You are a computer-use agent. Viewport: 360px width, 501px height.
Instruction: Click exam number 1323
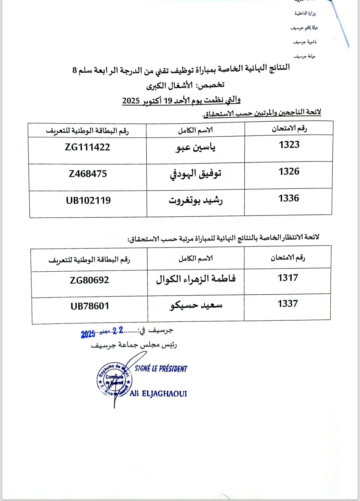coord(289,145)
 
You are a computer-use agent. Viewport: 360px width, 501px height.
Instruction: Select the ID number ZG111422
coord(87,147)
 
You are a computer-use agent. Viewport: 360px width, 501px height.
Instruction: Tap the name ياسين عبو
coord(196,147)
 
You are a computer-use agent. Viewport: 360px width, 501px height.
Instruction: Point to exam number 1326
coord(289,171)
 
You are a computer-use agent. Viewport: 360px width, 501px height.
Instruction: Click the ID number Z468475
coord(88,174)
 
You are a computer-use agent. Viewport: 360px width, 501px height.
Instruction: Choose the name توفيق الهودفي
coord(196,174)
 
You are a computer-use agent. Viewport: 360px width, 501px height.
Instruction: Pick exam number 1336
coord(289,198)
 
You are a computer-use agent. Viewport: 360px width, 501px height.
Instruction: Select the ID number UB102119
coord(88,200)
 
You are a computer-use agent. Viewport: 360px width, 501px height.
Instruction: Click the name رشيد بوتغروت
coord(196,201)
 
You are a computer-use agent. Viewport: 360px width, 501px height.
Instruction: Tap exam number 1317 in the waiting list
coord(288,278)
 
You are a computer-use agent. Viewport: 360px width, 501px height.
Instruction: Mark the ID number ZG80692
coord(89,280)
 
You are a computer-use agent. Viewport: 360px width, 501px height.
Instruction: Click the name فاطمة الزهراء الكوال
coord(196,279)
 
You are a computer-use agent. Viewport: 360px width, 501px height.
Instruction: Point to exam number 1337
coord(288,304)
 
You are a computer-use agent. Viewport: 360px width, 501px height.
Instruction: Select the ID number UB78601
coord(90,306)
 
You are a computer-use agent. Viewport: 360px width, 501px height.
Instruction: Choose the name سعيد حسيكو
coord(196,305)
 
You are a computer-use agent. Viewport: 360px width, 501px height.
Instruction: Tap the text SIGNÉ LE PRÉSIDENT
coord(161,369)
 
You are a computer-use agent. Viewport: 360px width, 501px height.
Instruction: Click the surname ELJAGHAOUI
coord(164,394)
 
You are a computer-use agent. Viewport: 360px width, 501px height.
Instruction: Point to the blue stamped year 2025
coord(88,334)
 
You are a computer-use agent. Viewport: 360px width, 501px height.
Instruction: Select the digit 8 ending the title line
coord(75,70)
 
